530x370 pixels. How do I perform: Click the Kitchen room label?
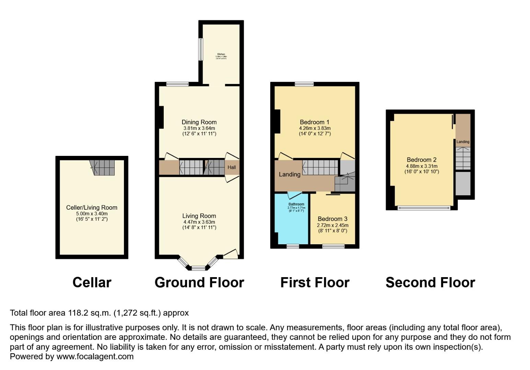point(221,54)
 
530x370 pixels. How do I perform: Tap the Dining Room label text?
point(199,122)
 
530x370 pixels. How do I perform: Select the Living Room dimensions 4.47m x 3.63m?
point(199,222)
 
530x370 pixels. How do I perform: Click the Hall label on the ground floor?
point(232,168)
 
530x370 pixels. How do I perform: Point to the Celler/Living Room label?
point(92,208)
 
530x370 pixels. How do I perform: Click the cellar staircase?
point(102,168)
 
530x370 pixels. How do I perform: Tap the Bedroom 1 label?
point(314,122)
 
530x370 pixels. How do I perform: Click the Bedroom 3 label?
point(332,219)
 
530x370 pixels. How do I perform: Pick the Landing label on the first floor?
point(289,174)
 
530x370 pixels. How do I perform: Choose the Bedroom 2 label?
point(422,160)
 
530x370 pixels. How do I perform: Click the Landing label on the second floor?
point(463,142)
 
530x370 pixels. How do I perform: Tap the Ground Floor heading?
point(199,283)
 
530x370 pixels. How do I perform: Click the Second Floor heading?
point(430,283)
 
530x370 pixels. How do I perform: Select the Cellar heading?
point(92,283)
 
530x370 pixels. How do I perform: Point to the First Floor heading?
point(315,283)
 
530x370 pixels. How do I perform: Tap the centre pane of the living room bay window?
point(198,268)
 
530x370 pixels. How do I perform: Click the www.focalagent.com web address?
point(95,356)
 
